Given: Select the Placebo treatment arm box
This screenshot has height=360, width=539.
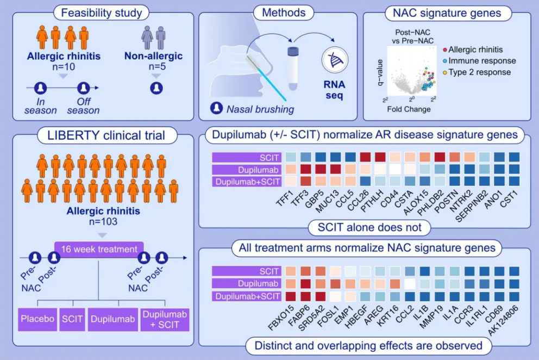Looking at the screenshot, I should (37, 319).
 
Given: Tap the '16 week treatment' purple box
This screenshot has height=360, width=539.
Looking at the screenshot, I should (99, 250).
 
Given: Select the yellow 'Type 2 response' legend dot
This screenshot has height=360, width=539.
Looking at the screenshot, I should (444, 72).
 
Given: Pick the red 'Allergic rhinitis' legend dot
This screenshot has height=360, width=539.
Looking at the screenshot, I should (444, 49).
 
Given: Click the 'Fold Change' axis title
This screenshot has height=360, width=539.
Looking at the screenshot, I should (409, 109).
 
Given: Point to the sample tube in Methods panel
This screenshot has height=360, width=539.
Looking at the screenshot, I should (293, 69).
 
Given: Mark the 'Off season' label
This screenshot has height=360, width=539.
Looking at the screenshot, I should (83, 105).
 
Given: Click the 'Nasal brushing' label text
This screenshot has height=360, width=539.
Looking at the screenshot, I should (260, 109).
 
